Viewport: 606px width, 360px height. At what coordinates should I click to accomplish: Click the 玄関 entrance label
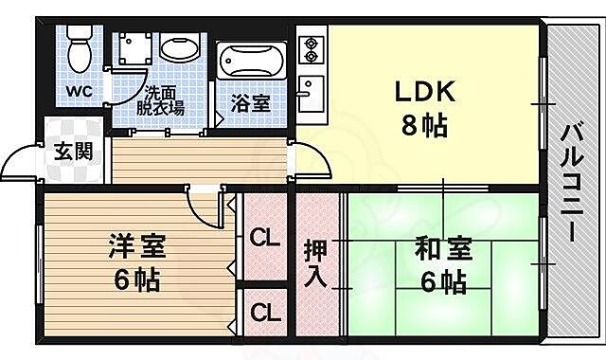tap(72, 151)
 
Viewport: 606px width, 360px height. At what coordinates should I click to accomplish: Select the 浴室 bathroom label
tap(251, 103)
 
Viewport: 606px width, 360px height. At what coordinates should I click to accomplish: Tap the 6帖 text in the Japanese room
tap(443, 281)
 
